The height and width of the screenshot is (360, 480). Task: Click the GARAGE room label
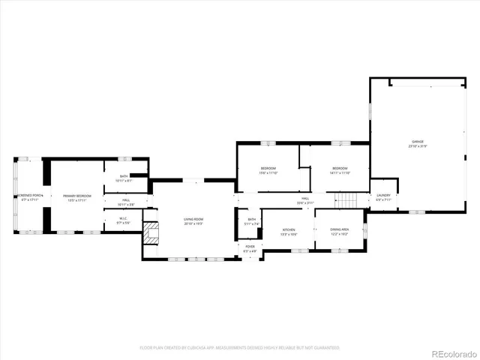coord(417,142)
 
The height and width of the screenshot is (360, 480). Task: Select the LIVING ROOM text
coord(194,219)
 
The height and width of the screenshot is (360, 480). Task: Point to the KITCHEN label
coord(289,230)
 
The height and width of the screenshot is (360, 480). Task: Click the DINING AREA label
coord(339,230)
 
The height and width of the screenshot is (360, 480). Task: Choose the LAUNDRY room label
coord(383,195)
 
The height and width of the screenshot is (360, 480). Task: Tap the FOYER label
coord(250,246)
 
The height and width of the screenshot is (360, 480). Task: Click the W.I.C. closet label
coord(124,219)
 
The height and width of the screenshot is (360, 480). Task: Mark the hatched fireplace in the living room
coord(153,233)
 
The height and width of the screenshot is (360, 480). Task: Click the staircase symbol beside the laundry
coord(343,200)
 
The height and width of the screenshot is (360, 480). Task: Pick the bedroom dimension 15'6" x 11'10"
coord(268,172)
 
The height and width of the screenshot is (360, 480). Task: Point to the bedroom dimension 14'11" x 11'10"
coord(340,172)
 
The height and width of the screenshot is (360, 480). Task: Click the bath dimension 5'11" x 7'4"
coord(252,223)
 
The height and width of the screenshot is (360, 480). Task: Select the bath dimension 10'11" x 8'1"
coord(124,181)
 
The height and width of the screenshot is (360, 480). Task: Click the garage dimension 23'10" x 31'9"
coord(417,146)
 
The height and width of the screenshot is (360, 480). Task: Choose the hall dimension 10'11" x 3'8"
coord(126,204)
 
